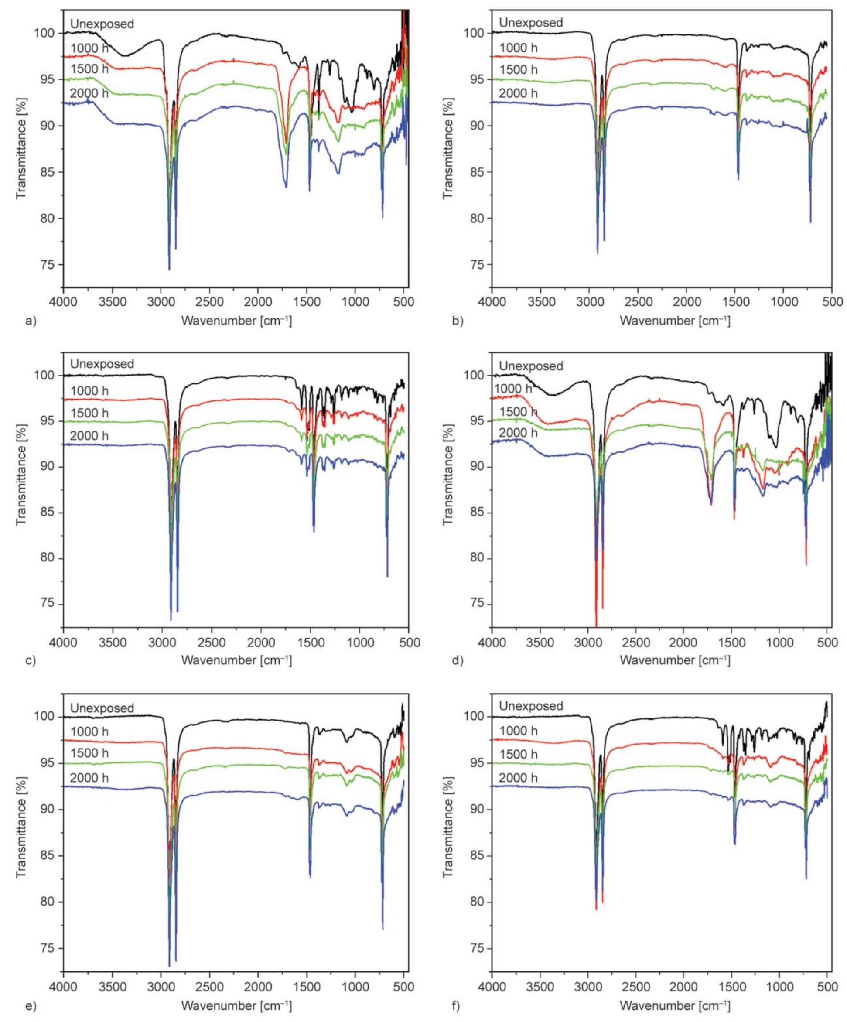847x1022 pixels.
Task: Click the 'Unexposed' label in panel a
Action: point(102,24)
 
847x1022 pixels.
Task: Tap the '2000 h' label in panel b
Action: point(518,92)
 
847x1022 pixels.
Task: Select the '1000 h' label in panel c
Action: point(89,390)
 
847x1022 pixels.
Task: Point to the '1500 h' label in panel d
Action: point(515,412)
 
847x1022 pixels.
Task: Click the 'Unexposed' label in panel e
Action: point(102,708)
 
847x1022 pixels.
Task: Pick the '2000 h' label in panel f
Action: point(518,778)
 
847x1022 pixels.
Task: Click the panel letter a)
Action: point(31,321)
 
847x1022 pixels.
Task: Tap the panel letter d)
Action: point(458,661)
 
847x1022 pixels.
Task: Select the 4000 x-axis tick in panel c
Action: point(63,643)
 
